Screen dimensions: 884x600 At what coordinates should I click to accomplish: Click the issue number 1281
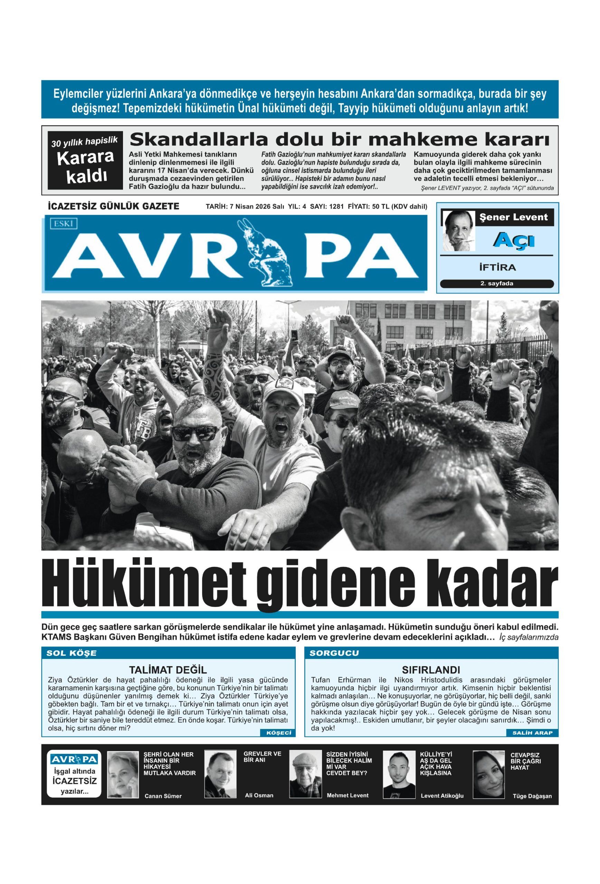pos(336,206)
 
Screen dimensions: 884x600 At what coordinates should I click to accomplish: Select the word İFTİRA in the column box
pos(497,267)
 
